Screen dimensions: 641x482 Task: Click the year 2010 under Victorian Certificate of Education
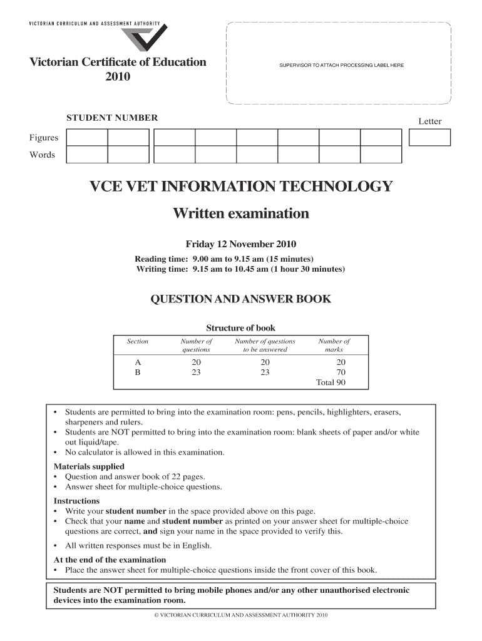(x=118, y=77)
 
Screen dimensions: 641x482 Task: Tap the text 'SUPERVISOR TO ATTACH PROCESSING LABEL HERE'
(x=337, y=65)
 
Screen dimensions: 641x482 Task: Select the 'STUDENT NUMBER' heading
(x=112, y=118)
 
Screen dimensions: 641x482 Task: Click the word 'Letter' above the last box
(x=430, y=121)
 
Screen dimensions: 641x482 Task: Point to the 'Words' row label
(x=43, y=155)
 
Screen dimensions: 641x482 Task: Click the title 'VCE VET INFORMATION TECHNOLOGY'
(x=241, y=187)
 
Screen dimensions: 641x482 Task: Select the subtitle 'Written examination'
(x=241, y=214)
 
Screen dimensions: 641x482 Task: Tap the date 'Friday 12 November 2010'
(x=241, y=244)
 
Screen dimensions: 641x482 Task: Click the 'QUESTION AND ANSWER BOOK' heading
(x=241, y=299)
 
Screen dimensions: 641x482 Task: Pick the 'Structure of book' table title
(x=241, y=328)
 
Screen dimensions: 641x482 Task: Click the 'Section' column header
(x=138, y=341)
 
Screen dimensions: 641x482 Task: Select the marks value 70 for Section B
(x=341, y=372)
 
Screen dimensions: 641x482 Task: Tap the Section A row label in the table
(x=138, y=362)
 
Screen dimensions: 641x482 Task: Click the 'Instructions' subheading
(x=76, y=501)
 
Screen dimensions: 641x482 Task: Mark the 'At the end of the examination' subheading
(x=110, y=560)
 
